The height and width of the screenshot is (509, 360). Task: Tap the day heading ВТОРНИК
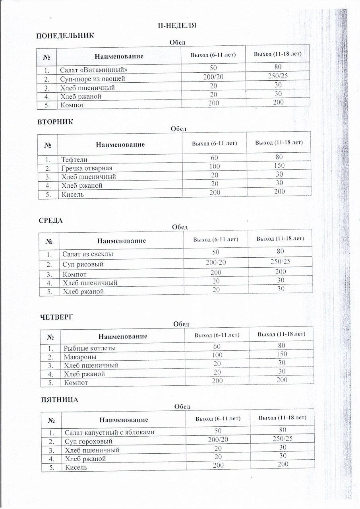pos(56,122)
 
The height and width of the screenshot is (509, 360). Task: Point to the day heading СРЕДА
pos(51,221)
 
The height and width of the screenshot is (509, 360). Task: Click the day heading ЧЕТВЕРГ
pos(58,317)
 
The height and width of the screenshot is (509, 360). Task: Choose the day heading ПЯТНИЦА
pos(60,400)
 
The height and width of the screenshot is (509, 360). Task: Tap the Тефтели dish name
pos(74,159)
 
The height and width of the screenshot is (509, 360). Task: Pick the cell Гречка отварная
pos(87,168)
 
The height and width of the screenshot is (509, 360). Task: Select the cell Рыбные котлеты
pos(90,348)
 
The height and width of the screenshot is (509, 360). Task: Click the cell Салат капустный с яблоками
pos(109,432)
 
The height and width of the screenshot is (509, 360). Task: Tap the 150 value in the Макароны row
pos(282,354)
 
